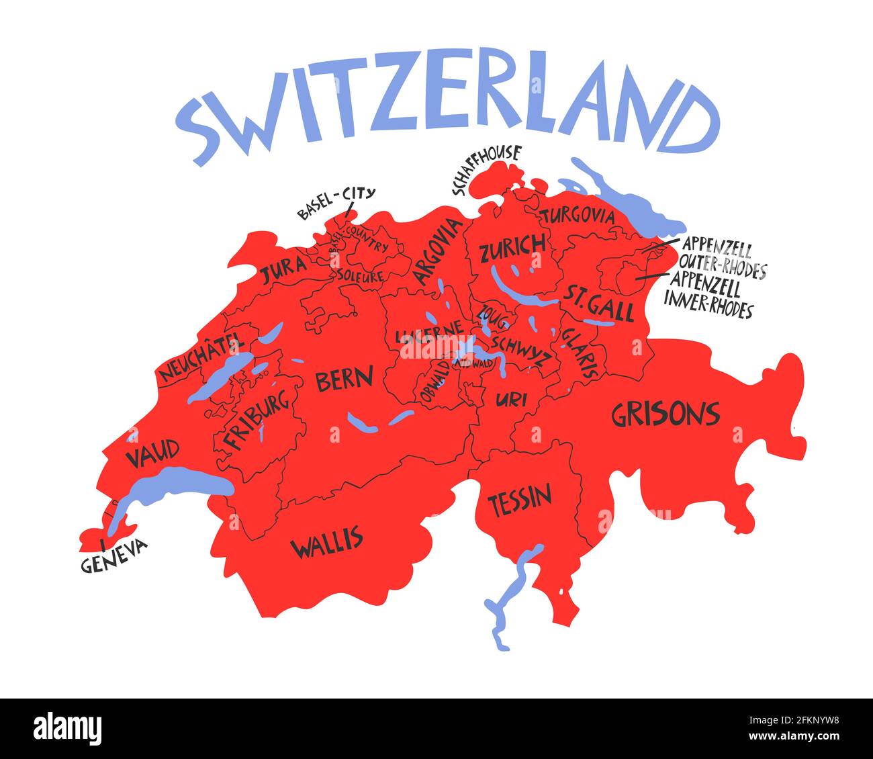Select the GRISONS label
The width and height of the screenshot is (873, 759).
pyautogui.click(x=665, y=414)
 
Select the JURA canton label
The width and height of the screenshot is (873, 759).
pyautogui.click(x=283, y=271)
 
